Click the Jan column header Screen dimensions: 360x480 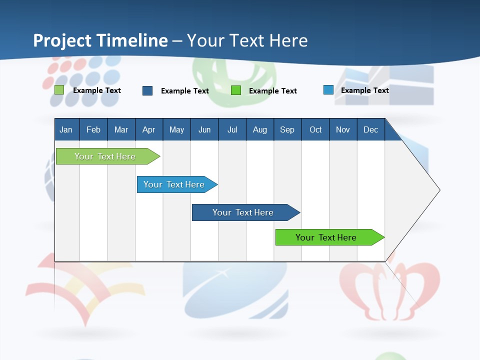tap(66, 130)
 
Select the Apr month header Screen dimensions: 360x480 tap(148, 130)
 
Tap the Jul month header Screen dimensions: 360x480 tap(232, 130)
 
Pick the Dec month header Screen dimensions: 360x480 tap(370, 130)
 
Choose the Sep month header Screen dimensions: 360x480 tap(287, 130)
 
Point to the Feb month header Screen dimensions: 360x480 tap(93, 130)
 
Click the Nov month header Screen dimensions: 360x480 tap(342, 130)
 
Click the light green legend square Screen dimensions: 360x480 tap(59, 90)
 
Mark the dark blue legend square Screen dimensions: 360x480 tap(147, 90)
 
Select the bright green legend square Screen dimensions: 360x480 tap(236, 90)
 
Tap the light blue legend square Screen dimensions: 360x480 tap(328, 90)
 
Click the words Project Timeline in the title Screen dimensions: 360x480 tap(100, 40)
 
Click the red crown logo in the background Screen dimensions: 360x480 tap(389, 290)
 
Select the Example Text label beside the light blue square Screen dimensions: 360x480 tap(364, 90)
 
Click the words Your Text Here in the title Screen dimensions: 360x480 tap(247, 40)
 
